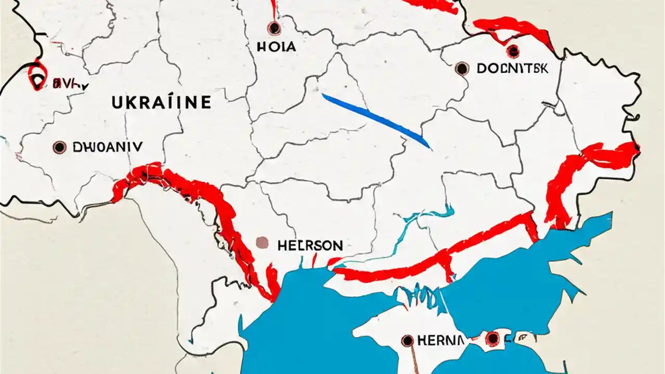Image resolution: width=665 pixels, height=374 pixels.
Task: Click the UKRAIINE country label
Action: (162, 102)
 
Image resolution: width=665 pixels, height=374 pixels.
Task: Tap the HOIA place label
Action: (276, 47)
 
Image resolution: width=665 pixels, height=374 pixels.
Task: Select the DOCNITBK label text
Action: (512, 69)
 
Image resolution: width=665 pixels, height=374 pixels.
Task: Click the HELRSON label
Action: (310, 245)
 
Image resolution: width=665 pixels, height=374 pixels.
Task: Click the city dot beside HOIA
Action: (273, 28)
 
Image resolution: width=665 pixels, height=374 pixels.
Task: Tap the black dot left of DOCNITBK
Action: (461, 69)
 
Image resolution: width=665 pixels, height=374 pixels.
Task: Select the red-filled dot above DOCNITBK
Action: (513, 51)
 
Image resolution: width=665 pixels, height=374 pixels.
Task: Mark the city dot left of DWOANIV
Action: (60, 148)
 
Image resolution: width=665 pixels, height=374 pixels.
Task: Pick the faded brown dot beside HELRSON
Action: (263, 243)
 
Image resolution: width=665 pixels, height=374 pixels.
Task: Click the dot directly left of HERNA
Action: (408, 341)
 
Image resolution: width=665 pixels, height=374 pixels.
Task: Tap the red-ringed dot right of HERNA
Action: (493, 339)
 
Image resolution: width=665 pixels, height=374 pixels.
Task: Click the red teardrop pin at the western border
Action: (36, 77)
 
